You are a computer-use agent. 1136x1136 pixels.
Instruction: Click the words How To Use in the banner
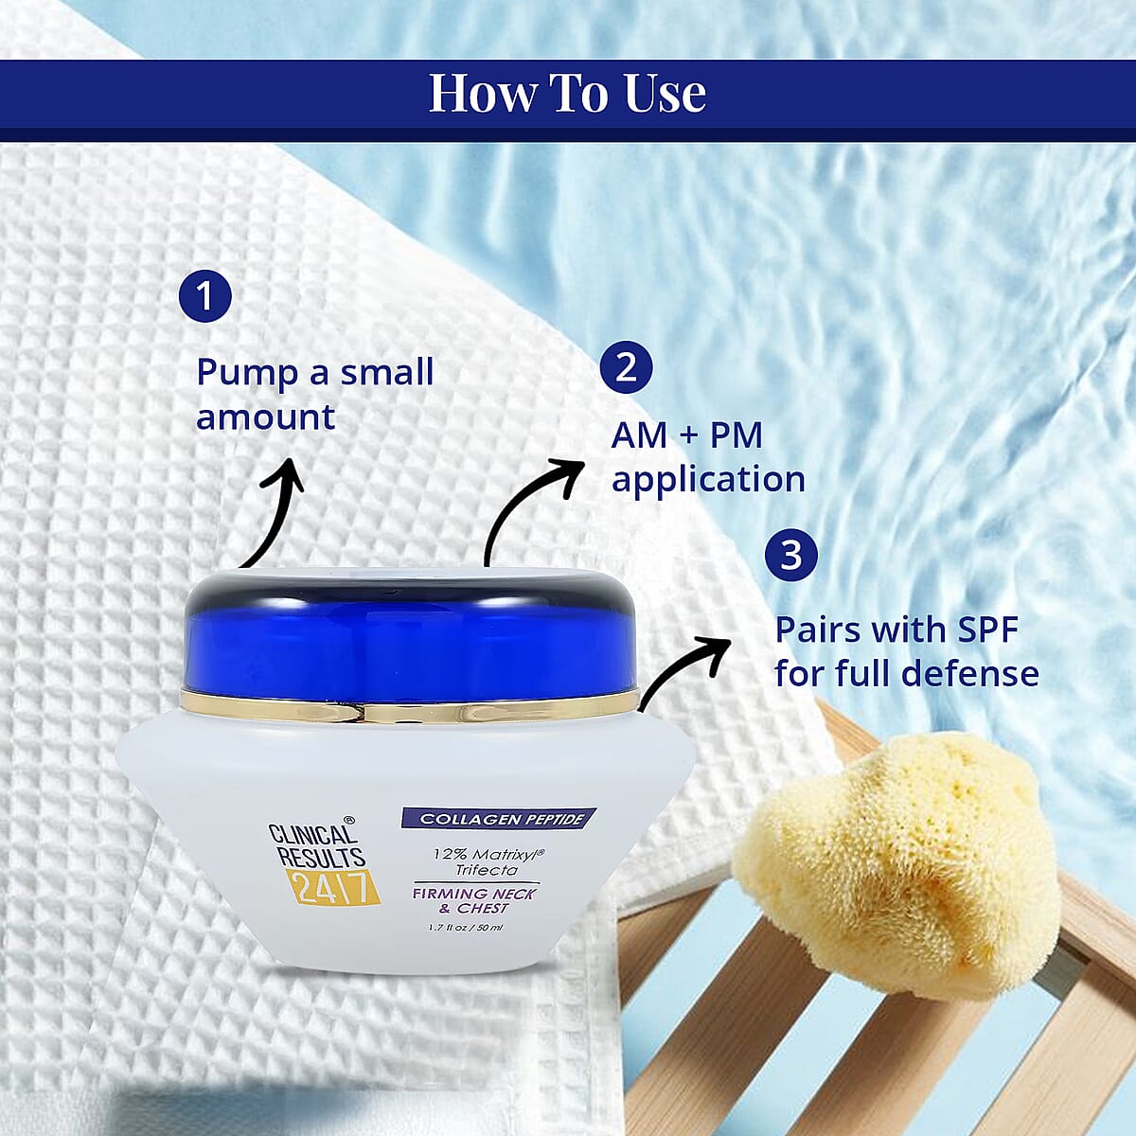click(567, 93)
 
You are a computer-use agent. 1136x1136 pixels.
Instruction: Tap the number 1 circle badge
click(205, 295)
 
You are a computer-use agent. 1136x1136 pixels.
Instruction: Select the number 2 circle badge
click(626, 367)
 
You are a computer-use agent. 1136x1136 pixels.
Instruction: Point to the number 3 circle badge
click(791, 556)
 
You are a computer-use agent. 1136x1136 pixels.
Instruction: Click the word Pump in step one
click(247, 374)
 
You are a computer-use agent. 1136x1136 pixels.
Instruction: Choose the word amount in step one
click(265, 417)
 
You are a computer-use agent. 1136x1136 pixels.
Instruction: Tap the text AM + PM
click(686, 435)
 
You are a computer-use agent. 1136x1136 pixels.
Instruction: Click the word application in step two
click(709, 480)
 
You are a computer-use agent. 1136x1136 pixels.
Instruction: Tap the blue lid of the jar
click(410, 633)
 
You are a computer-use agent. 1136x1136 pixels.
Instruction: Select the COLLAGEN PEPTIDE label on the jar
click(499, 819)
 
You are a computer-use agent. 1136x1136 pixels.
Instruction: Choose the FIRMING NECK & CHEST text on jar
click(473, 901)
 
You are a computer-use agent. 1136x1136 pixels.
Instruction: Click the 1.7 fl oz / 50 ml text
click(466, 928)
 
